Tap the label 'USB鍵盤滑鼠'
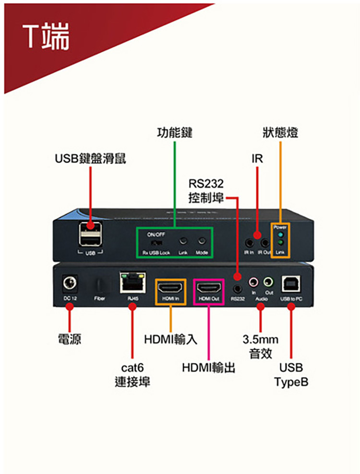coord(90,158)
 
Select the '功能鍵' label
coord(175,132)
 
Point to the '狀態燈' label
coord(280,132)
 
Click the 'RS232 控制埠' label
coord(206,191)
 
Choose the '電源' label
coord(69,340)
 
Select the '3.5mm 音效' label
coord(261,346)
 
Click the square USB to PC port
coord(291,284)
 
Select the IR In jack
coord(249,241)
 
